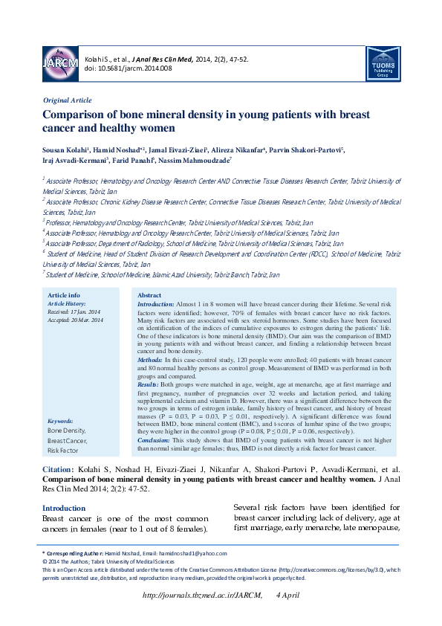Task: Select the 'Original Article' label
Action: click(68, 100)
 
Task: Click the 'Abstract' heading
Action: click(149, 295)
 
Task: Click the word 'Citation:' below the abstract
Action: click(58, 469)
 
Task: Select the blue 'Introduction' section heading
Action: click(64, 508)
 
